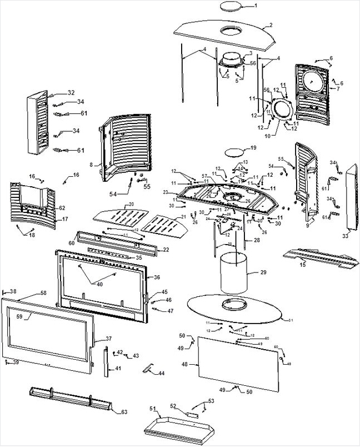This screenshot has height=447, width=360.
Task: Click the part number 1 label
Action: tap(271, 6)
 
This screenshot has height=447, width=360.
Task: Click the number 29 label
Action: tap(263, 272)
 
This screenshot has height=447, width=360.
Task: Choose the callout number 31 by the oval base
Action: tap(290, 320)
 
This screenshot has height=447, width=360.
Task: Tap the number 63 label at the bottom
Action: tap(124, 412)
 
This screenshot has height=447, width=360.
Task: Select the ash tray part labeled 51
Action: tap(178, 427)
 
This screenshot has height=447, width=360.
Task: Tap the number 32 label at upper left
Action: tap(71, 92)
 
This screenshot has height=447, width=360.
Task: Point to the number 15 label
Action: tap(303, 264)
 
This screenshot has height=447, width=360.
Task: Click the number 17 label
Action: tap(65, 219)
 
